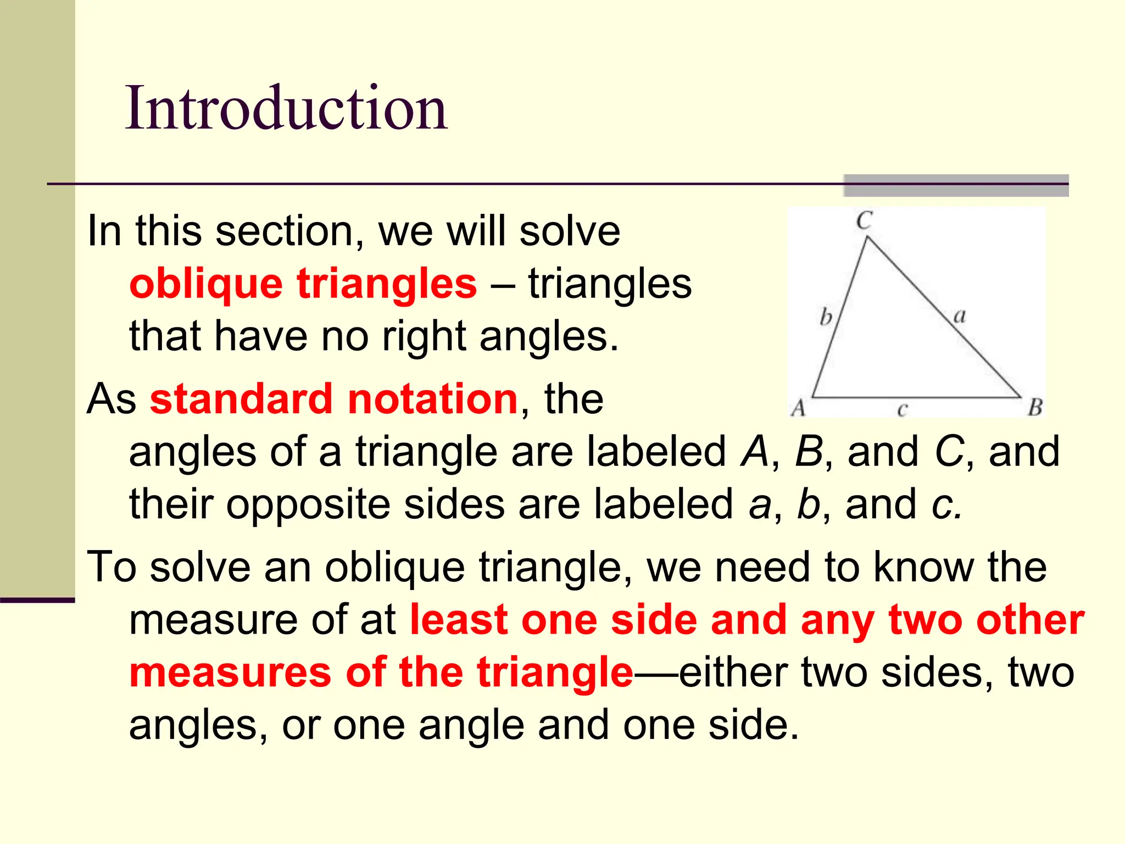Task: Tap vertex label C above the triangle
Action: point(864,221)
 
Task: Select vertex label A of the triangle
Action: point(798,408)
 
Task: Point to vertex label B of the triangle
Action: point(1035,408)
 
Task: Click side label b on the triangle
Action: point(826,317)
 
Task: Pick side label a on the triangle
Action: point(959,316)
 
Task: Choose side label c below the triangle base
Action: point(902,409)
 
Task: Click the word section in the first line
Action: point(289,231)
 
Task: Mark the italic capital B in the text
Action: point(809,452)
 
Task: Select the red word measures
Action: point(230,673)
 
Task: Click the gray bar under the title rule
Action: point(956,186)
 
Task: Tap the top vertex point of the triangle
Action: point(867,237)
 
